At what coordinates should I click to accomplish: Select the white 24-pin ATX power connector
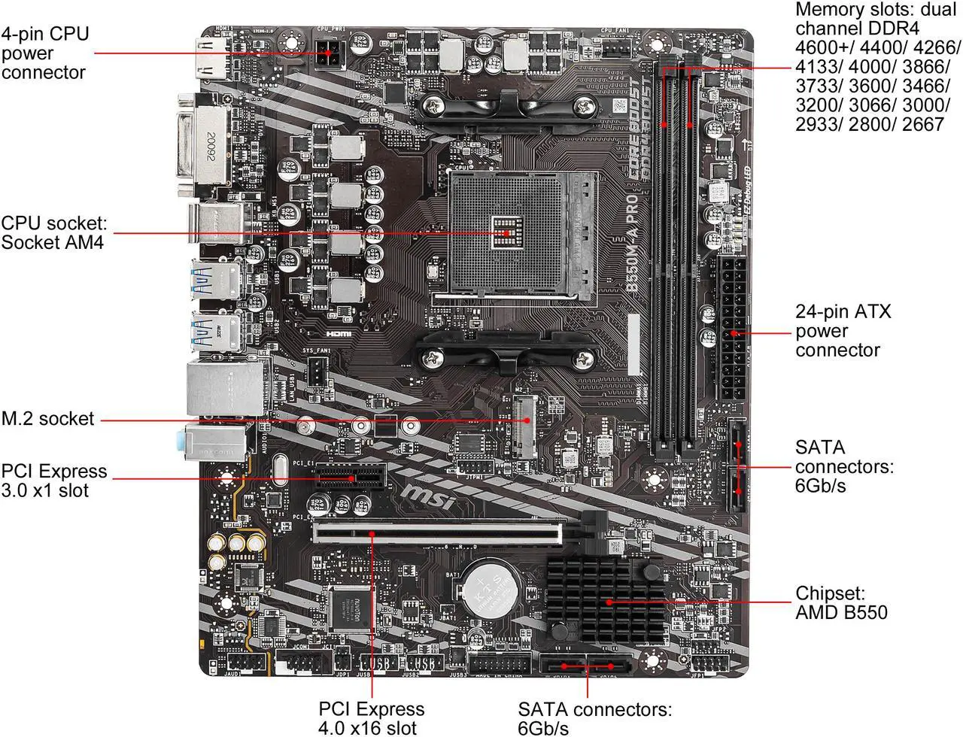[x=732, y=331]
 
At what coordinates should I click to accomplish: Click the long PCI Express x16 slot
[x=436, y=533]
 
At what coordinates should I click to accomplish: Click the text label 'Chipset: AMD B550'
[x=841, y=602]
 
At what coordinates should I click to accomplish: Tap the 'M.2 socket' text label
[x=48, y=419]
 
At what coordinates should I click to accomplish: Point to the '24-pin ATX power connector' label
[x=843, y=331]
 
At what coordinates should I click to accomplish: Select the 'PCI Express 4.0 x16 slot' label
[x=371, y=718]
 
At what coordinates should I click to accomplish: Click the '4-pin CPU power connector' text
[x=45, y=53]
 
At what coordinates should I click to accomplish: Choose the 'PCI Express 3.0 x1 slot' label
[x=54, y=481]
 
